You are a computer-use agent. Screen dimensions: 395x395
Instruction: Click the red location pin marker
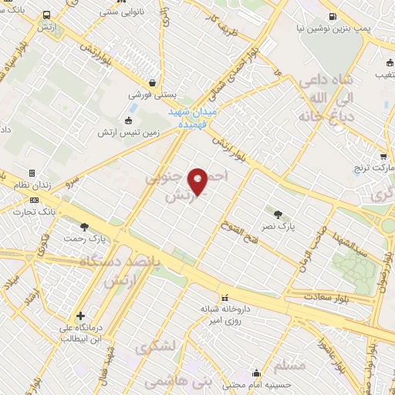[x=198, y=181]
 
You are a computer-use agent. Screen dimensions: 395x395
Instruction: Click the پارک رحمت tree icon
[x=83, y=226]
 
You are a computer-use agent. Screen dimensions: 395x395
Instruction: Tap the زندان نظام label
[x=30, y=186]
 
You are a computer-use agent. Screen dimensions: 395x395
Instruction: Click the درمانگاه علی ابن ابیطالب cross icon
[x=81, y=316]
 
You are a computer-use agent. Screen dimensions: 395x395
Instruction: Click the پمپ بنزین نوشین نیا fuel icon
[x=332, y=16]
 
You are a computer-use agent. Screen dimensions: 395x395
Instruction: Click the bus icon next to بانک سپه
[x=48, y=15]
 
